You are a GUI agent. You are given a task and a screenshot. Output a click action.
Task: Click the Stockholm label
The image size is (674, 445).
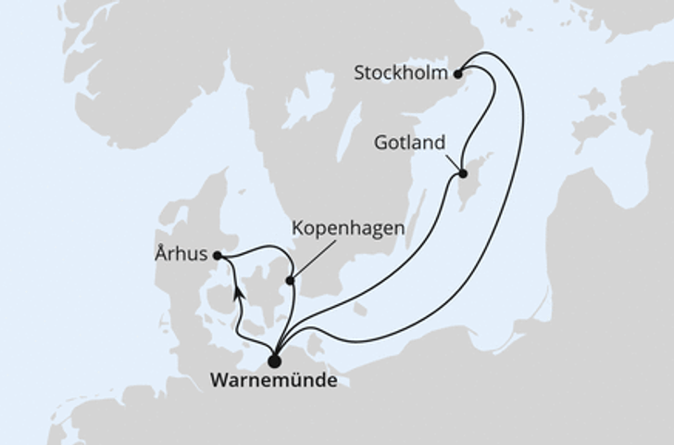point(400,71)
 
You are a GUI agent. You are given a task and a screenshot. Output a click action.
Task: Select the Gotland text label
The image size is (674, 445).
point(410,143)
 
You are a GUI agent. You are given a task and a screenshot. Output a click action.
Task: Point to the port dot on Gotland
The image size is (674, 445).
point(462,173)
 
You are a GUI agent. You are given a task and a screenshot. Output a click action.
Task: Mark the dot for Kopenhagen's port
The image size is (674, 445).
point(290,280)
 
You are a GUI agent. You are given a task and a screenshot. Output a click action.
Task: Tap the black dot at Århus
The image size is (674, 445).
point(217,255)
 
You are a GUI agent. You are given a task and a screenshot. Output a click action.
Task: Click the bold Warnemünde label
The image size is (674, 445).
point(275,381)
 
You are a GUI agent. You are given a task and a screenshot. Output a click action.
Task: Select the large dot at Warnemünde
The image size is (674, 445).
point(274,362)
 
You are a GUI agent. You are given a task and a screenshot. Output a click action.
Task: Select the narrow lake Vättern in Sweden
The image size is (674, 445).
point(349,129)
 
